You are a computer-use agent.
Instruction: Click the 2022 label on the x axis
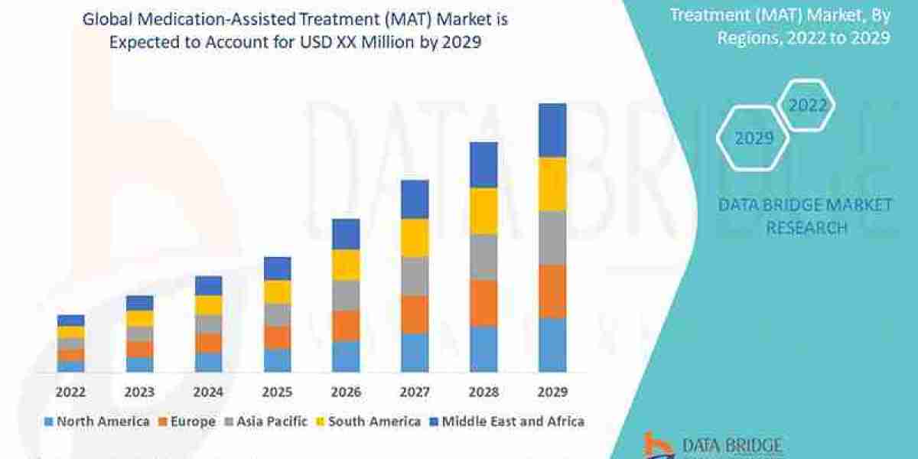70,392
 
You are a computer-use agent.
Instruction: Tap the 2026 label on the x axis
346,392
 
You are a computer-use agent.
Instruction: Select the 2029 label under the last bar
552,392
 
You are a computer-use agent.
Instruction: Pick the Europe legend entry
187,422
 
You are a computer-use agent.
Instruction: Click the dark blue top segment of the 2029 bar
552,130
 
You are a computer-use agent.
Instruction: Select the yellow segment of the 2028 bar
483,211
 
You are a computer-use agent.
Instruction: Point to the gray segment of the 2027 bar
415,276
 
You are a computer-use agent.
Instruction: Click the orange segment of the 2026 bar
346,326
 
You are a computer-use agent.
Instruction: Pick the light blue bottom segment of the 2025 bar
277,360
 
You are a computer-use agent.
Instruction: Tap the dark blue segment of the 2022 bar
70,321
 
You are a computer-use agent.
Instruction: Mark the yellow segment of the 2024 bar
208,305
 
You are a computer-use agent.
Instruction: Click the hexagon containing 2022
807,106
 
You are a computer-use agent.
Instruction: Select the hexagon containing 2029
754,138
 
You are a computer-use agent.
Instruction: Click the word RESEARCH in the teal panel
806,228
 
